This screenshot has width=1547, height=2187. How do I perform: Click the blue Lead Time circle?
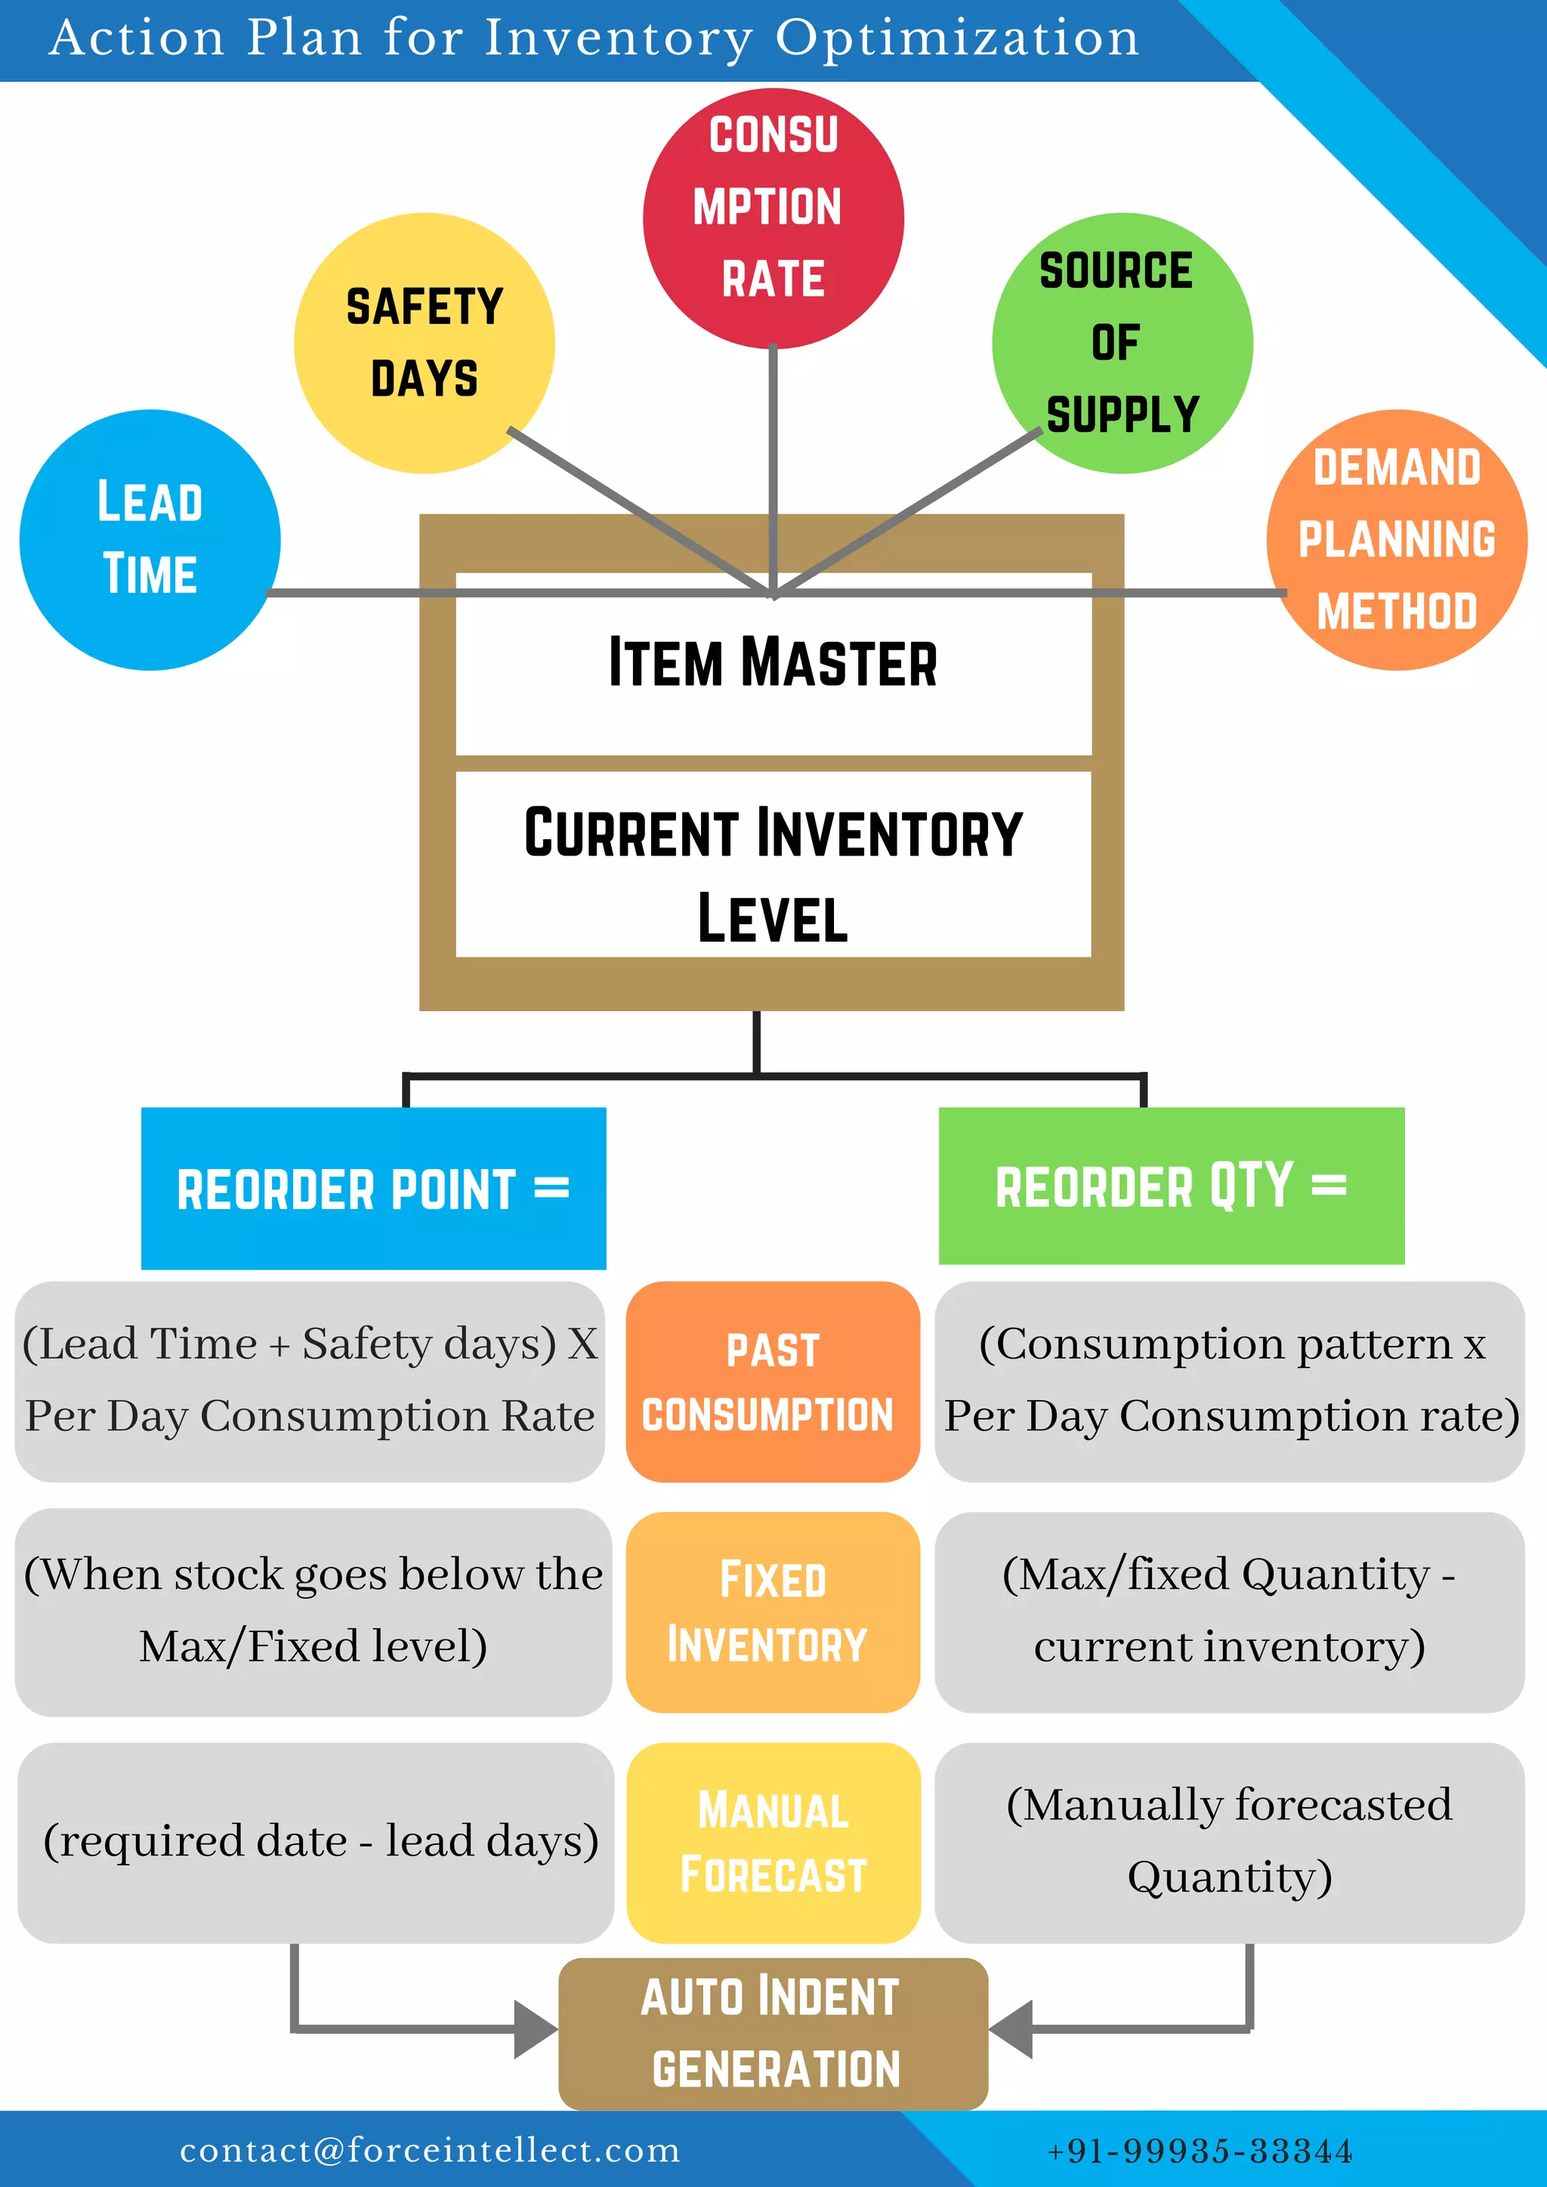[x=150, y=539]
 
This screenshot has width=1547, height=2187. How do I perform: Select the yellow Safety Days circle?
[x=424, y=343]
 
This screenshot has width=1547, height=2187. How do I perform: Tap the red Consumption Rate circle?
[x=773, y=218]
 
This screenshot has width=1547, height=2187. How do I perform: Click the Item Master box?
[x=773, y=664]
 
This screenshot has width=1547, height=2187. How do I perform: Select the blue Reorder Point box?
[x=373, y=1188]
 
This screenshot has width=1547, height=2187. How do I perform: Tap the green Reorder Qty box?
[x=1171, y=1186]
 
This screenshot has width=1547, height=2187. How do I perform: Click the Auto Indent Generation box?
[x=773, y=2033]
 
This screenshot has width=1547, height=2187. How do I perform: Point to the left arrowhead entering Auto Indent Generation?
[x=536, y=2029]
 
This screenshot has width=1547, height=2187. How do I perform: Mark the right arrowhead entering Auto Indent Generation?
[x=1011, y=2029]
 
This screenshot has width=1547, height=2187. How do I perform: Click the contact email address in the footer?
[x=430, y=2150]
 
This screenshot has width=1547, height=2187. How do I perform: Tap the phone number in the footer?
[x=1200, y=2151]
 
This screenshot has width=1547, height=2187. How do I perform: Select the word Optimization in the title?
[x=956, y=40]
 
